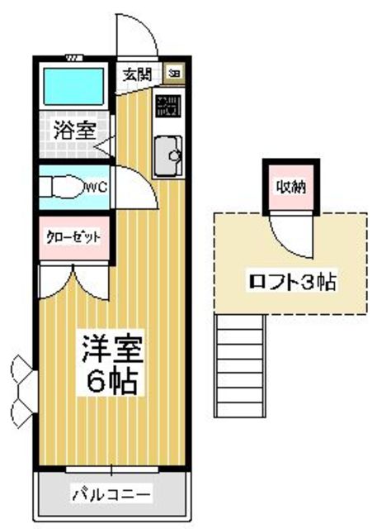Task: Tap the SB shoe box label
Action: tap(174, 73)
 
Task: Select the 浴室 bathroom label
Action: tap(74, 129)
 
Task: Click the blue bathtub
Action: tap(72, 86)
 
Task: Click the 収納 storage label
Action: tap(290, 187)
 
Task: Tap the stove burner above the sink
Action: tap(169, 107)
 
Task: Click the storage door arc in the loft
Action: tap(293, 236)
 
